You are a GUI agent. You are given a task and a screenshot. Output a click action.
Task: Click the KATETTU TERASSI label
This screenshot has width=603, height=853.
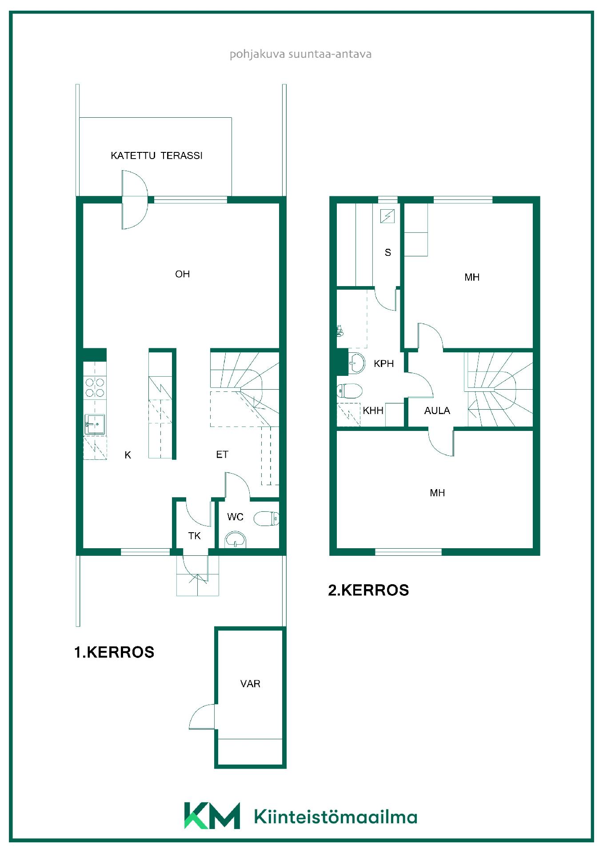click(x=156, y=155)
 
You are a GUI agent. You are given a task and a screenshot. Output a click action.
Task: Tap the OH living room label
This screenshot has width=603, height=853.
click(x=182, y=274)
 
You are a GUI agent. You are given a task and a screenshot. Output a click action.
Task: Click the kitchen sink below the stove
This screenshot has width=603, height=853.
click(x=95, y=424)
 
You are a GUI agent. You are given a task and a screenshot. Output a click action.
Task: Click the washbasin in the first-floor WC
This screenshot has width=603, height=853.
click(x=236, y=539)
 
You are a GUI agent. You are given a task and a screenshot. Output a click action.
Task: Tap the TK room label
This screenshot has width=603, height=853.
click(x=194, y=536)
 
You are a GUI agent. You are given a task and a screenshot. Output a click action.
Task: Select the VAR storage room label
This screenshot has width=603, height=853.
click(x=250, y=684)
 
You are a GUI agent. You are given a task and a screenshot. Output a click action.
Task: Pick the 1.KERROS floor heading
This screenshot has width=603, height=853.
click(x=114, y=652)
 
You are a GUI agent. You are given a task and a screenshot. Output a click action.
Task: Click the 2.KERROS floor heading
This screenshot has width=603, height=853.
click(x=368, y=590)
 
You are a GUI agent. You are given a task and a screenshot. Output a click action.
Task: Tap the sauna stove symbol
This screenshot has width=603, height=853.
click(x=387, y=216)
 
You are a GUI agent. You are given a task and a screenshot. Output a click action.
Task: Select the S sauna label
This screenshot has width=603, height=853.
click(x=388, y=252)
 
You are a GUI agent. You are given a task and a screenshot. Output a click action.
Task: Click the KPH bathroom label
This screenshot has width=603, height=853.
click(x=383, y=363)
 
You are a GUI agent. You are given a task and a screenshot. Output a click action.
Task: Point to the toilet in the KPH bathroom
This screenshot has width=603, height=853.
click(x=350, y=391)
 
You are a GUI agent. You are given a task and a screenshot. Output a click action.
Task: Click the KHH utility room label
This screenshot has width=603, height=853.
click(x=373, y=411)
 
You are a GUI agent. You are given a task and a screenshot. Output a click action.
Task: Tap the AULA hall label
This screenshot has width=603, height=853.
click(x=437, y=411)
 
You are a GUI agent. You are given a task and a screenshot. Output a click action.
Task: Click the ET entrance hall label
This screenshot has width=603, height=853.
click(x=222, y=454)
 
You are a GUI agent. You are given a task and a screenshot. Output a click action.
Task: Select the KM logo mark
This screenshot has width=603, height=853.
click(x=212, y=816)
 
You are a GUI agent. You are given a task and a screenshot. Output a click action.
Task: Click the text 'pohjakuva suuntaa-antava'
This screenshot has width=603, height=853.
click(x=300, y=54)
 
